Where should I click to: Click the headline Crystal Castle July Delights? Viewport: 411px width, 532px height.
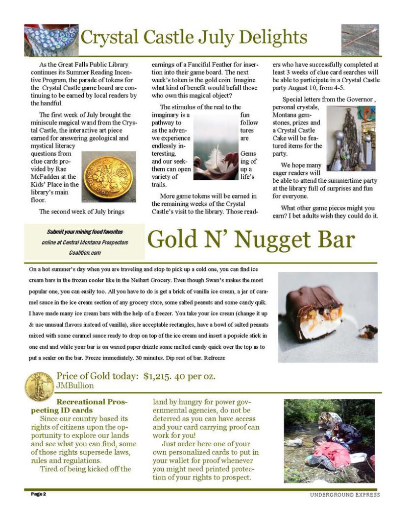[194, 37]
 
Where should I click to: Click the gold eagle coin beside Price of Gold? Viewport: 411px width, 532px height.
[39, 386]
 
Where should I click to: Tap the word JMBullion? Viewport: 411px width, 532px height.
[75, 386]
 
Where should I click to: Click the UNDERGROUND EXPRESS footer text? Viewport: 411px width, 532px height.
[344, 495]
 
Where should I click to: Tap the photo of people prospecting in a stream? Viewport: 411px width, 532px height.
[329, 440]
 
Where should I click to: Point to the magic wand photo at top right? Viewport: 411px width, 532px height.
[360, 39]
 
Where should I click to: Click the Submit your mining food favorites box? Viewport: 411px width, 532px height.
[85, 242]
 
